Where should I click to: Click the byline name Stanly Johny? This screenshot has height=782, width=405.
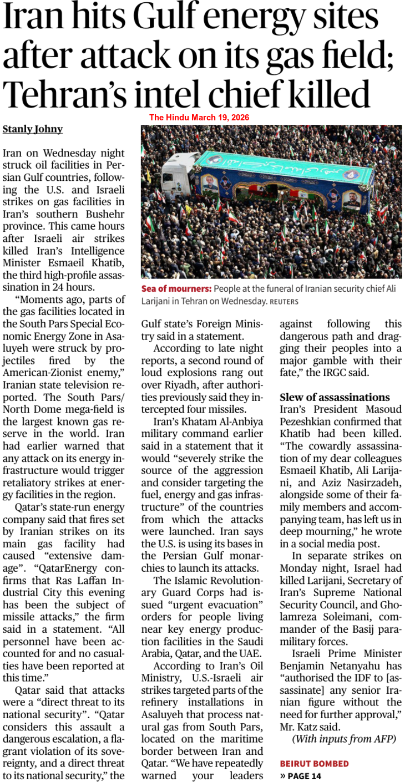click(33, 129)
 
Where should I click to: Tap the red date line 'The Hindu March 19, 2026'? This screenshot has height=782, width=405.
click(199, 118)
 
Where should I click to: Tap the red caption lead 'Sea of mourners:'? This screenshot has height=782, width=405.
click(176, 289)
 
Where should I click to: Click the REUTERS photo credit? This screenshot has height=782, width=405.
click(284, 302)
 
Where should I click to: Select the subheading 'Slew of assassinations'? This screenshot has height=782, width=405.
click(335, 397)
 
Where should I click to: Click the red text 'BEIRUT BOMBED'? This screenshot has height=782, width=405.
click(314, 764)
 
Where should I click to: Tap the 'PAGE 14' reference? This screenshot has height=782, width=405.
click(305, 775)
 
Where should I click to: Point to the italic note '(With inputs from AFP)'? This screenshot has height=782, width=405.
click(344, 739)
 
